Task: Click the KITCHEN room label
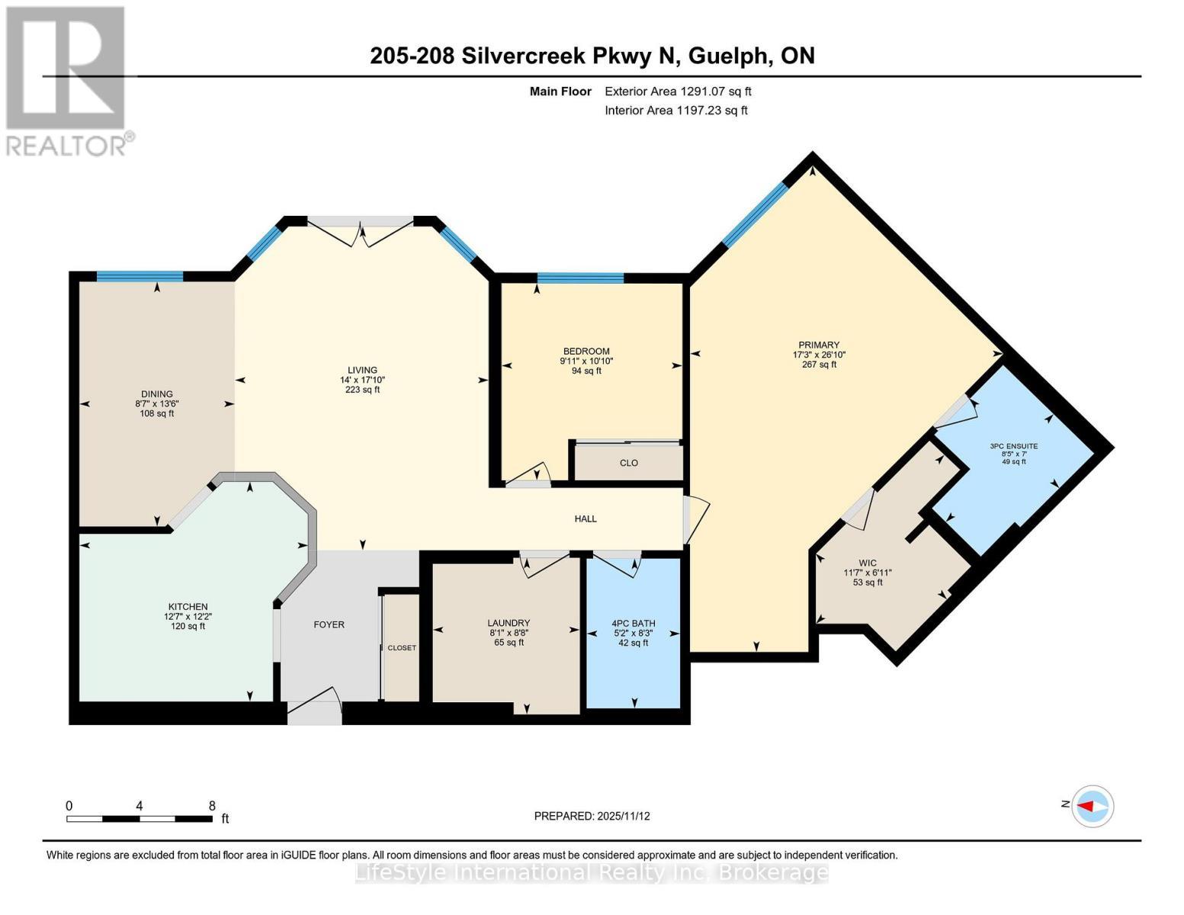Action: click(188, 606)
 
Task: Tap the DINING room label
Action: click(157, 394)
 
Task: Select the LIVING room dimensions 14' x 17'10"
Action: click(362, 380)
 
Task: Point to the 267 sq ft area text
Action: click(819, 364)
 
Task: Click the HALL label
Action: click(586, 518)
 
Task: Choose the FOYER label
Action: click(329, 624)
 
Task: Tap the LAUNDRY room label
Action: click(509, 623)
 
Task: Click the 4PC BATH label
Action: click(633, 624)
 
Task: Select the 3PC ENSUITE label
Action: click(1013, 446)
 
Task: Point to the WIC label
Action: click(868, 563)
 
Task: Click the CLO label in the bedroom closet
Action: click(629, 463)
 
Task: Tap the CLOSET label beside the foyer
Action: click(402, 648)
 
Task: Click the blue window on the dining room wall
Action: click(140, 276)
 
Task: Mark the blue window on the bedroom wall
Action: click(580, 278)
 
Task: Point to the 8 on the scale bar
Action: click(212, 805)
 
